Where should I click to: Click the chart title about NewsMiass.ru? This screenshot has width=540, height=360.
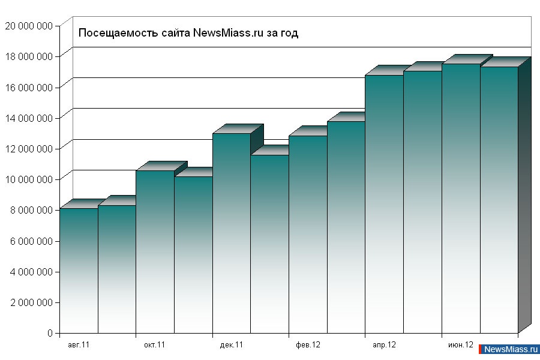point(188,33)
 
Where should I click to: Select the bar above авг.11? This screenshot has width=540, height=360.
point(79,270)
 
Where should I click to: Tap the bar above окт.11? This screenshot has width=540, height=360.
point(155,251)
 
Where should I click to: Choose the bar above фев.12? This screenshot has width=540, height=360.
point(308,234)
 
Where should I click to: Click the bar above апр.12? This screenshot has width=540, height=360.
point(384,204)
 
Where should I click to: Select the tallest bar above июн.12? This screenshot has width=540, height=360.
point(461,198)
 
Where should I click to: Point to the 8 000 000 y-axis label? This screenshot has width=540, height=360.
point(31,210)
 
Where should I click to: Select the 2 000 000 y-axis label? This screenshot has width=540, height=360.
point(31,302)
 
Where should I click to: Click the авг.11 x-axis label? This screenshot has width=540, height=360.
point(79,345)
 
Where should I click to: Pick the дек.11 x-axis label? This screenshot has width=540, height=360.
point(232,345)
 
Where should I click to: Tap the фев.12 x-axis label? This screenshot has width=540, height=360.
point(308,345)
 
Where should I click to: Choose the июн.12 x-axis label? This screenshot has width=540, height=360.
point(461,345)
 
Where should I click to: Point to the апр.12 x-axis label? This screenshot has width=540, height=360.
point(384,345)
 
